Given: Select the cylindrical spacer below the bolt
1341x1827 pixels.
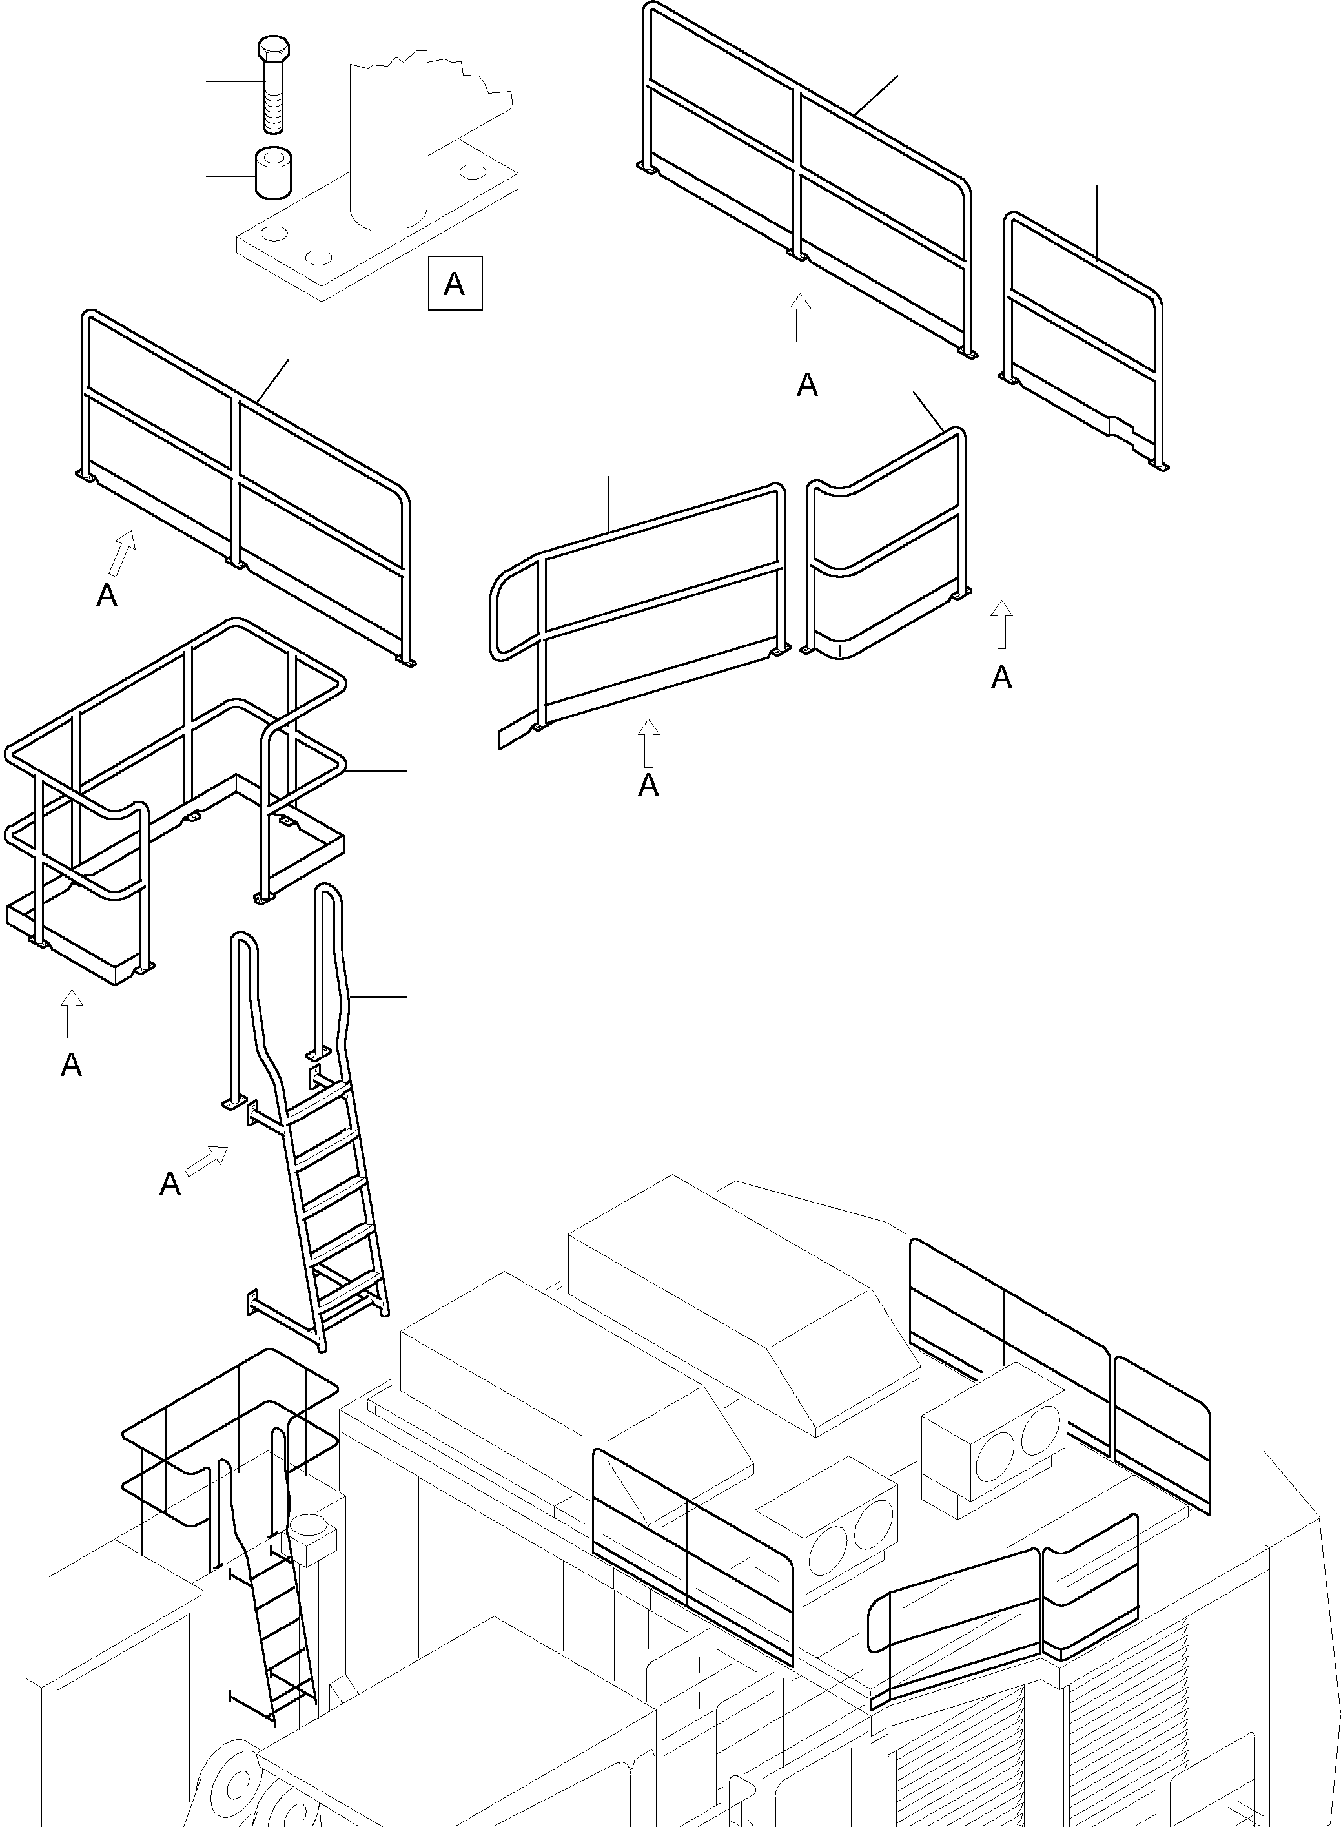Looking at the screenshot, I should (274, 172).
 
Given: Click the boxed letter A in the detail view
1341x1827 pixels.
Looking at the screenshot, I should (455, 284).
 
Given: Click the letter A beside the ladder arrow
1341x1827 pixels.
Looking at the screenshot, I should (170, 1184).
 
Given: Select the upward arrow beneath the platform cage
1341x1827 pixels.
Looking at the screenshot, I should (72, 1013).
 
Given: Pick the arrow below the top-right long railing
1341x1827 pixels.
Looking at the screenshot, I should (801, 318).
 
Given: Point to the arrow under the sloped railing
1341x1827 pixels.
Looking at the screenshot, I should (648, 743).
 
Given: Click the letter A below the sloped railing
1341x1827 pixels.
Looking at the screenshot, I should (648, 786).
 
